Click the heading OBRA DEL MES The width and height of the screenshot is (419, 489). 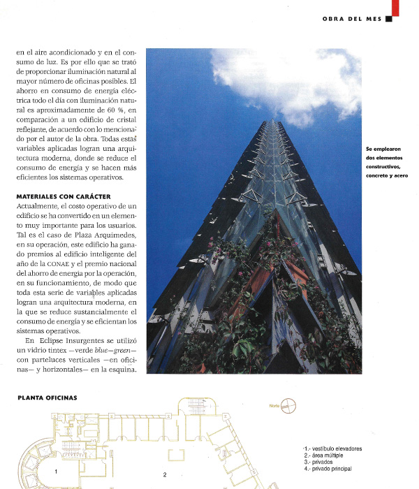(x=352, y=19)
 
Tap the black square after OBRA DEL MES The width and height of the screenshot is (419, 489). (x=389, y=19)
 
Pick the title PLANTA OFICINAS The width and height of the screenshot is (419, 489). (x=47, y=398)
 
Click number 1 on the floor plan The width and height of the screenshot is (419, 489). (x=55, y=472)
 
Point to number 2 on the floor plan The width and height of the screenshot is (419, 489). (x=165, y=475)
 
